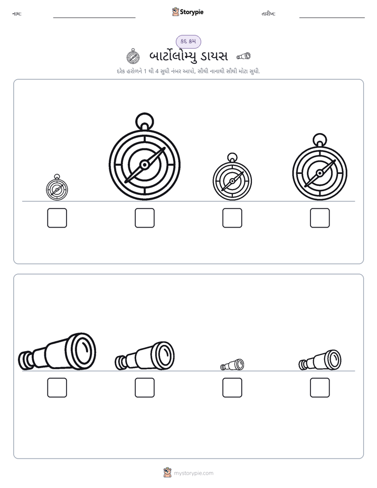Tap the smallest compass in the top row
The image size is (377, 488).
point(57,187)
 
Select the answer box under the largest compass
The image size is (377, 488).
point(145,218)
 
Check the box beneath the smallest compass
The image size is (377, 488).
point(57,218)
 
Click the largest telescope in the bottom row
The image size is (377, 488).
point(57,351)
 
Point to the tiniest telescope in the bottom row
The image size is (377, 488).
point(232,365)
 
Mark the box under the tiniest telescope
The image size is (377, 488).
point(232,388)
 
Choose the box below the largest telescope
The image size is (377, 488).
point(57,388)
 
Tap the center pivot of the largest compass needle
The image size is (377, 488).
point(145,165)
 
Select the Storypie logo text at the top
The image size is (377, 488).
point(192,12)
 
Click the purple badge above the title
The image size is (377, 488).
point(188,41)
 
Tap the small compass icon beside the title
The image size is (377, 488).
point(133,57)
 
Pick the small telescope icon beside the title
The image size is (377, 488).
point(243,56)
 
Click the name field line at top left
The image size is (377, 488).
point(94,18)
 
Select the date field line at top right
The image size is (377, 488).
point(332,18)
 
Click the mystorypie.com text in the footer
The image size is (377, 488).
point(193,473)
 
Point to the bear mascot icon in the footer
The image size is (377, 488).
point(167,473)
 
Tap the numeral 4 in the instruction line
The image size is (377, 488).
point(157,71)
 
